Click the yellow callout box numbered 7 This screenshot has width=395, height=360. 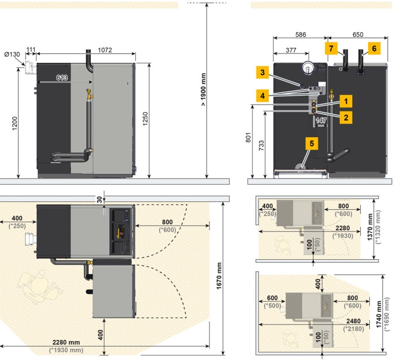tap(331, 48)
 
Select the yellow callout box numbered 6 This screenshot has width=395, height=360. tap(374, 48)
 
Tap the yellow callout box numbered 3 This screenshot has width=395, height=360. tap(263, 73)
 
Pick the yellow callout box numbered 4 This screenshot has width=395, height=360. tap(263, 96)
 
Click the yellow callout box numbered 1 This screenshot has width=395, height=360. tap(346, 101)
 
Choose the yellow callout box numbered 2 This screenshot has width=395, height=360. tap(346, 118)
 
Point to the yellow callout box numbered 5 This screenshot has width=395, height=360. tap(312, 144)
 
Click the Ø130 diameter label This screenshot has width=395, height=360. tap(12, 54)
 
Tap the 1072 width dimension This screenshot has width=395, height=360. tap(105, 50)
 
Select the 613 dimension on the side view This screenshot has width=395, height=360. tap(62, 78)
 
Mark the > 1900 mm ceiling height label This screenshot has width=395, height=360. tap(203, 90)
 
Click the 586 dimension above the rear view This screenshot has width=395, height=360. tap(301, 35)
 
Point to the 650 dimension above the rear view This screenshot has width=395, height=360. tap(358, 35)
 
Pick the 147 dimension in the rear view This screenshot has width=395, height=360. tap(321, 120)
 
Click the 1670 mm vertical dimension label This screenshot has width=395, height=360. tap(219, 276)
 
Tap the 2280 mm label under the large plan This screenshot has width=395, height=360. tap(66, 342)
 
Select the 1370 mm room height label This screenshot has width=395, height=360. tap(370, 227)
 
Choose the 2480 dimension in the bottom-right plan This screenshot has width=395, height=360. tap(354, 321)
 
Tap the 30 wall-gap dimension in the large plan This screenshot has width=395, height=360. tap(100, 200)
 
